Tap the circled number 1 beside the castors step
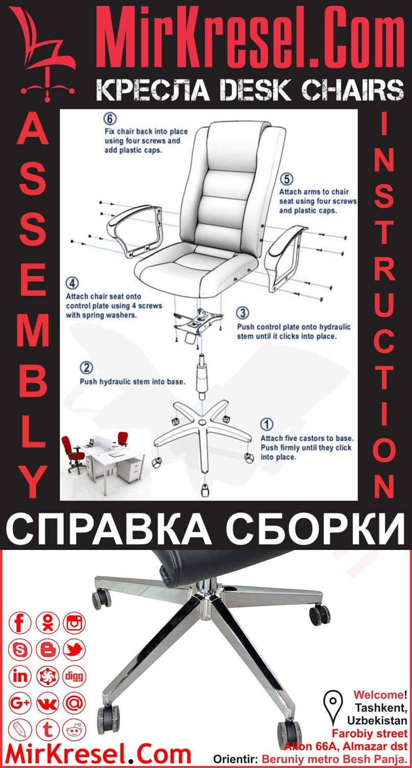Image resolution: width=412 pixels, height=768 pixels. coord(267,425)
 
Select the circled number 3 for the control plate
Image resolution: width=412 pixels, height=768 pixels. coord(243,313)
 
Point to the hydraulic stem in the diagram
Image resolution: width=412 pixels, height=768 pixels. coord(201,377)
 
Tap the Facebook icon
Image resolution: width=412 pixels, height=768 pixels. coord(20,623)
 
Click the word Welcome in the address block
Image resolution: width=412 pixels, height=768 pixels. coord(378,695)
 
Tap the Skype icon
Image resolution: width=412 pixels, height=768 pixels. coord(20,650)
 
